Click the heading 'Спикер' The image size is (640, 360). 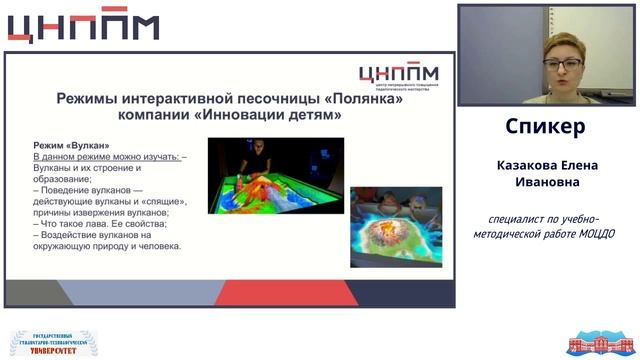tap(545, 128)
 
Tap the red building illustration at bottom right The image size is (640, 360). tap(601, 342)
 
